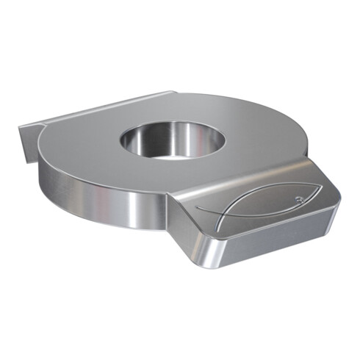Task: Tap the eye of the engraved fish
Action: (297, 200)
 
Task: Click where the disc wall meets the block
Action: (170, 205)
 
